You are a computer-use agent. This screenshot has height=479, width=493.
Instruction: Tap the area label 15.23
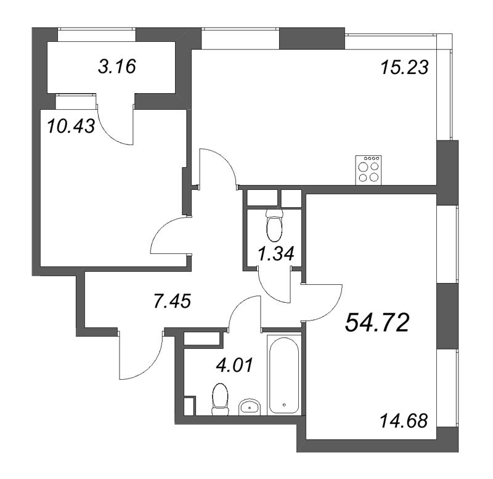(404, 66)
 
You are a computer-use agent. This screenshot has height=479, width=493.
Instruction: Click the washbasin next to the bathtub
(249, 407)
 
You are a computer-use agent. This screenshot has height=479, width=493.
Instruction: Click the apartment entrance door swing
(139, 356)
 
